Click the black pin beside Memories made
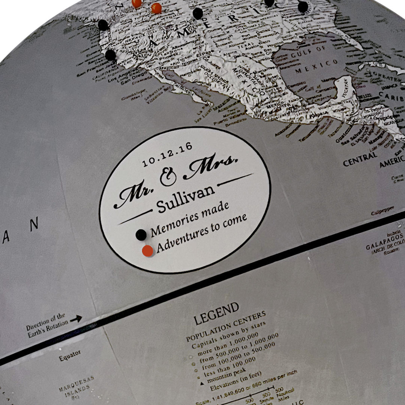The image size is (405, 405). coord(141,235)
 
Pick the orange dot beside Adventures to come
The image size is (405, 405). coord(148,251)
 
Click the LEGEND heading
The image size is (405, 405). coord(216,314)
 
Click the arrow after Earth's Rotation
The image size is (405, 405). coord(76,319)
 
